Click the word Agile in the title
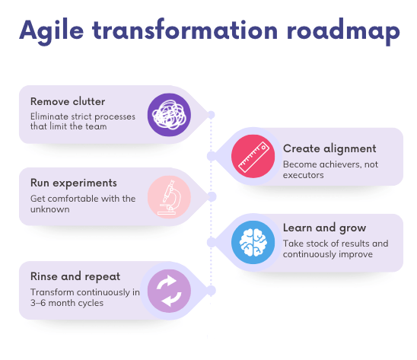[x=52, y=31]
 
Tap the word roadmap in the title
[x=343, y=31]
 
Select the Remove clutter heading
[x=68, y=101]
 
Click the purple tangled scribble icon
[x=169, y=115]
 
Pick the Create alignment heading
[x=329, y=148]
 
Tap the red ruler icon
[x=253, y=156]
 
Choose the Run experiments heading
[x=74, y=183]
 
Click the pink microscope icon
[x=169, y=197]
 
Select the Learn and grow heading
[x=324, y=228]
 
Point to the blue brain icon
[x=253, y=242]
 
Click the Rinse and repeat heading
[x=75, y=276]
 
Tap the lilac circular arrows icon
[x=169, y=291]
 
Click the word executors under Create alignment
[x=304, y=175]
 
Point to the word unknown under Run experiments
[x=50, y=209]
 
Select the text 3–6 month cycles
[x=67, y=303]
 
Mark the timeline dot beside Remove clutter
[x=211, y=115]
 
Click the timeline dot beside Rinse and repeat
[x=211, y=291]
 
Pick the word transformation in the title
[x=185, y=30]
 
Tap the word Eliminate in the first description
[x=49, y=116]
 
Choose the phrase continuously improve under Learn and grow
[x=328, y=254]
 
